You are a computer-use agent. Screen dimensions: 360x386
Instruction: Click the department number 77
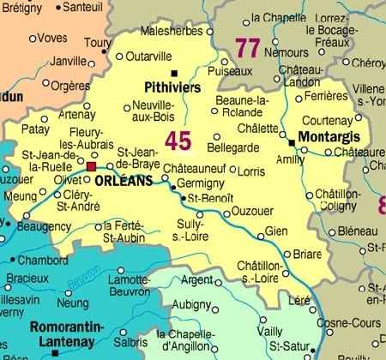[x=247, y=49]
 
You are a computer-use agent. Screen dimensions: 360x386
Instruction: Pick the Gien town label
[x=276, y=231]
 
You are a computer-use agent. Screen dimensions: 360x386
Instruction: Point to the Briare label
[x=307, y=254]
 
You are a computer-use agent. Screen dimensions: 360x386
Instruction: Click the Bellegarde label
[x=232, y=147]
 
